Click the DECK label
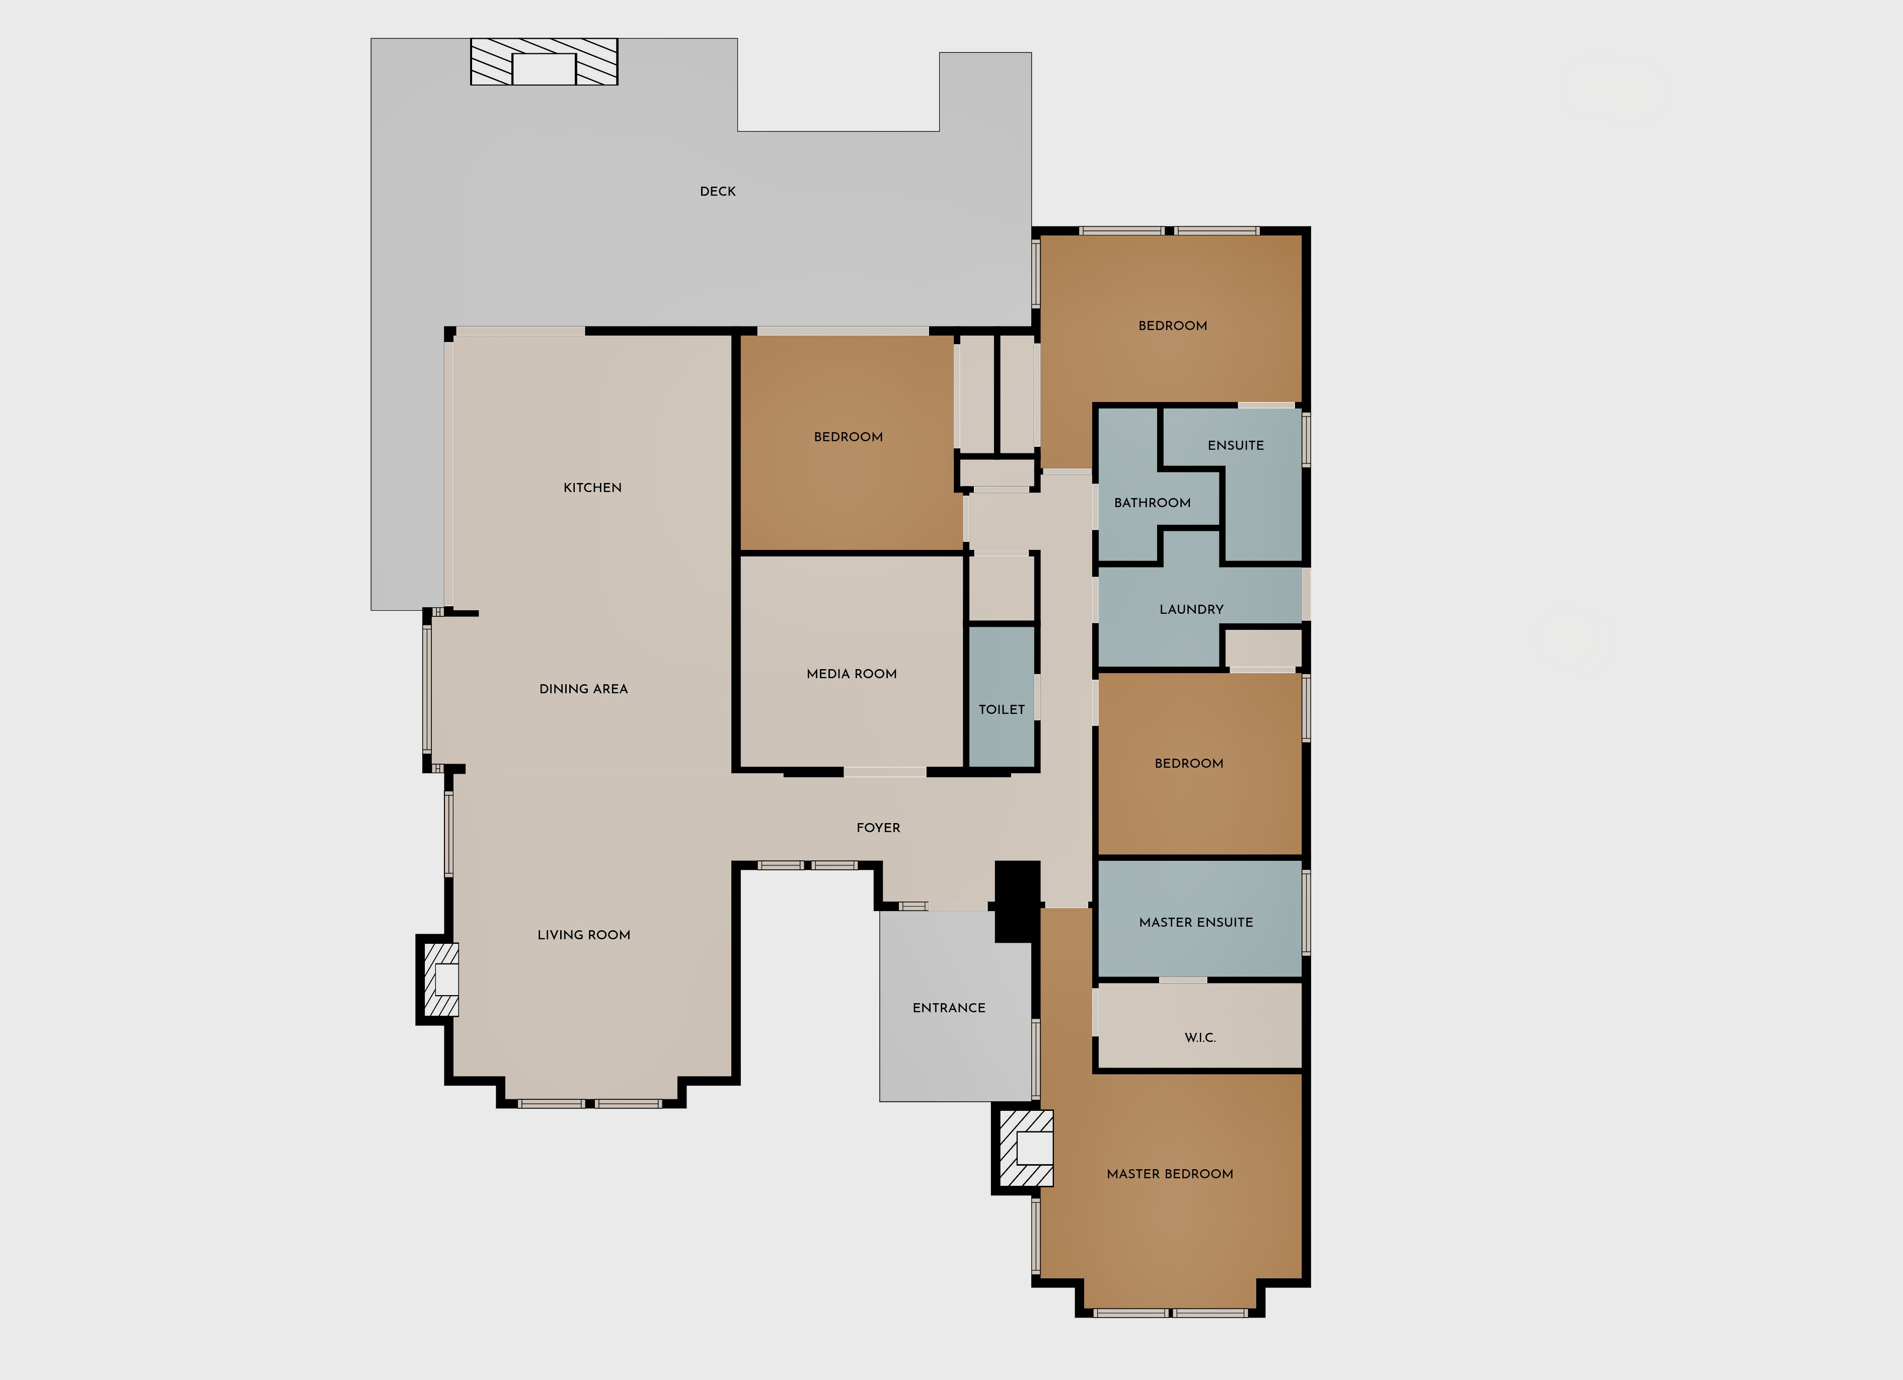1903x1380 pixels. pyautogui.click(x=717, y=191)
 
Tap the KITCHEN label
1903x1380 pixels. pyautogui.click(x=592, y=488)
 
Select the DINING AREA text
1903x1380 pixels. pyautogui.click(x=583, y=689)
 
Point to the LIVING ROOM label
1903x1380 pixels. pyautogui.click(x=584, y=935)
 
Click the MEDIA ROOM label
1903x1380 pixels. pyautogui.click(x=852, y=674)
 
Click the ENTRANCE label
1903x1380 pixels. pyautogui.click(x=949, y=1008)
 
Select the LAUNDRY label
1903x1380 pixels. pyautogui.click(x=1191, y=609)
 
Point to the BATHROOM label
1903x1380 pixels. pyautogui.click(x=1152, y=503)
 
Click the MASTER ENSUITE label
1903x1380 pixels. pyautogui.click(x=1196, y=922)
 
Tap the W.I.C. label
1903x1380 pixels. pyautogui.click(x=1200, y=1038)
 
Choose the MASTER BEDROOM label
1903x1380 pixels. pyautogui.click(x=1170, y=1174)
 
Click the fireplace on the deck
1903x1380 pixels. pyautogui.click(x=544, y=61)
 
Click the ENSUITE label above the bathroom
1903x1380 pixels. pyautogui.click(x=1235, y=445)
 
